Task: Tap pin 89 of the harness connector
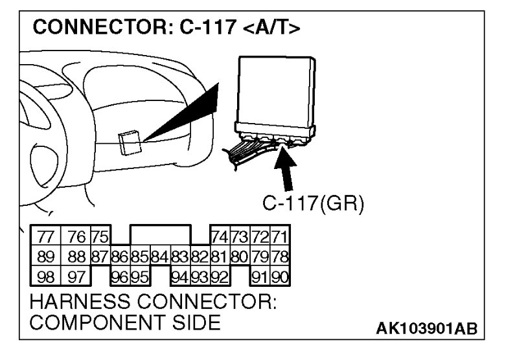(45, 257)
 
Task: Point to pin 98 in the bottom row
(45, 278)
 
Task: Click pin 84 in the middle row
(160, 257)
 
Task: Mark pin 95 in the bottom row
(140, 278)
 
